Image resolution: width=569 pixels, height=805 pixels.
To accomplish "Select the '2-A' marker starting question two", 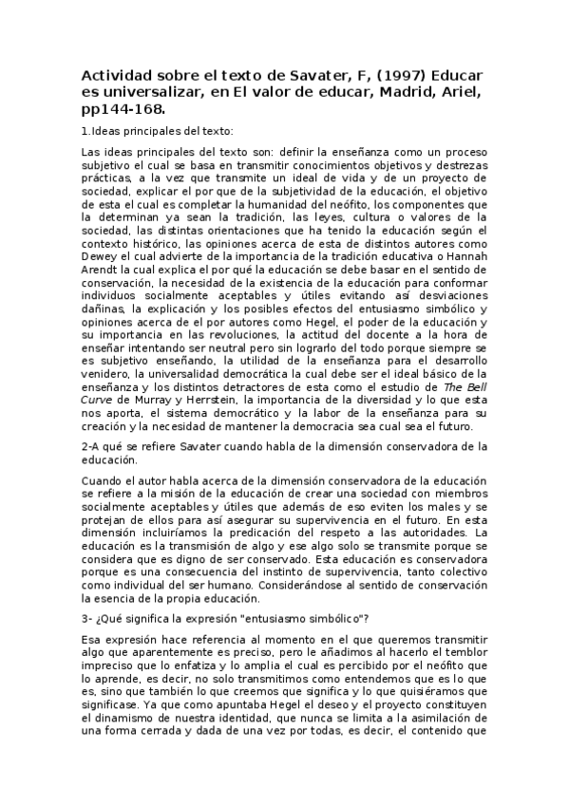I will pyautogui.click(x=91, y=446).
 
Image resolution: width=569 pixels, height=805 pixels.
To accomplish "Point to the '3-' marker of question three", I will pyautogui.click(x=88, y=619).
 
